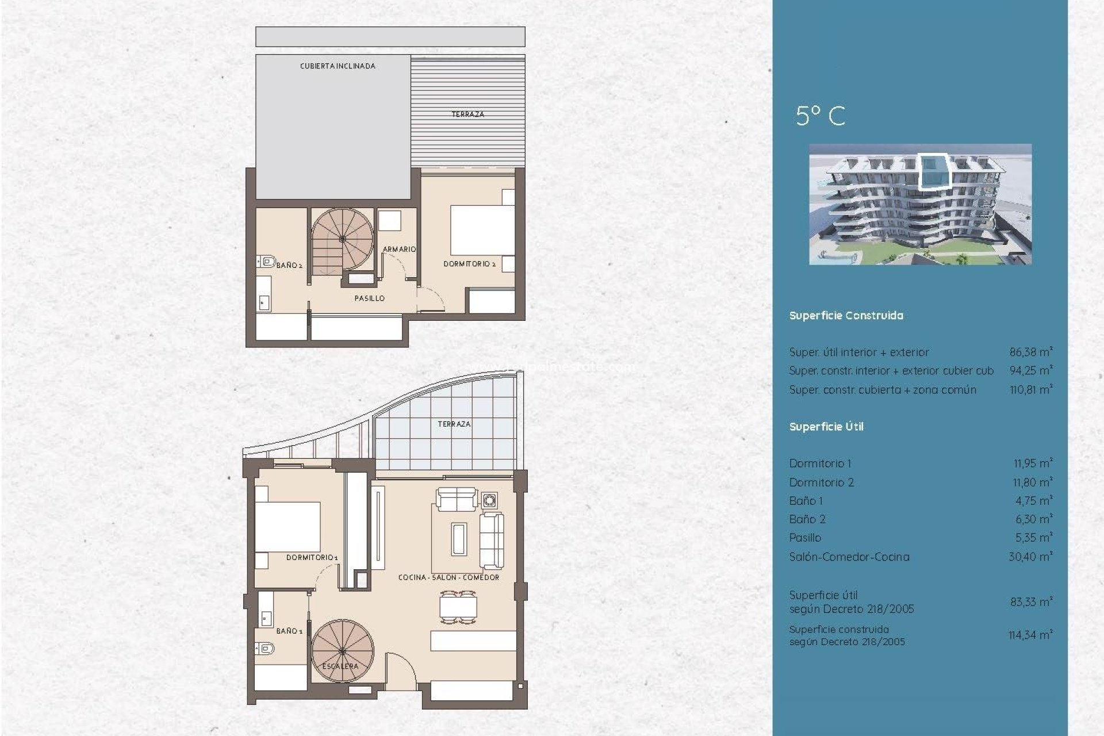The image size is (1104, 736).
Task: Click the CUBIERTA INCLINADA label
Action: point(338,66)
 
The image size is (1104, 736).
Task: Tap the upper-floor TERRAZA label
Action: point(467,114)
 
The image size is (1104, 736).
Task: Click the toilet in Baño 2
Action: point(266,262)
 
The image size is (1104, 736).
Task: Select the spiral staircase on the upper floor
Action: point(343,239)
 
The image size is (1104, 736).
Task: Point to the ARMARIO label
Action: point(399,249)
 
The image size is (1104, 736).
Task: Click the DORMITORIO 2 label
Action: point(469,264)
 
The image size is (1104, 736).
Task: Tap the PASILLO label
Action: point(369,298)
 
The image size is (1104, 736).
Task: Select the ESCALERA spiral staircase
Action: point(343,650)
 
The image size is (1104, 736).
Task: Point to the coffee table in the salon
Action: point(459,539)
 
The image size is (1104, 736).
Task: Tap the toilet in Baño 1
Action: point(265,648)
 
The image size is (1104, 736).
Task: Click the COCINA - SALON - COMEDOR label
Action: point(448,577)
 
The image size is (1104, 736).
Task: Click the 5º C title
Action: point(820,116)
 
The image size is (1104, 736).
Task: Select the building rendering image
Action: point(920,204)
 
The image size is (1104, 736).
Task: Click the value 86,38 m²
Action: point(1030,352)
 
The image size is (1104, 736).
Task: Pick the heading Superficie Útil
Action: point(826,427)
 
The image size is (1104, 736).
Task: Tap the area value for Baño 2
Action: point(1033,519)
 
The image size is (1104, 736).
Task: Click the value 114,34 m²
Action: point(1030,635)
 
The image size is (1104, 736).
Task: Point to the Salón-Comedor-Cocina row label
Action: point(849,557)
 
